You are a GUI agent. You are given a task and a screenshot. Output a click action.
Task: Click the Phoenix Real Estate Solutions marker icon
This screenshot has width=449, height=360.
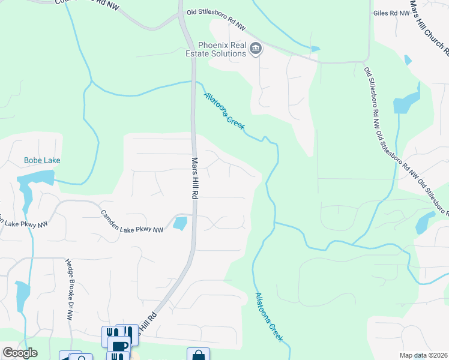click(256, 49)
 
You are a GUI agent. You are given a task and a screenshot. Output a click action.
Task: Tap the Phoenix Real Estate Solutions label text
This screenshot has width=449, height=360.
click(222, 49)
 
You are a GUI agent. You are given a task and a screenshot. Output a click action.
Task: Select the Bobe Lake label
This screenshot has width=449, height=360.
click(42, 160)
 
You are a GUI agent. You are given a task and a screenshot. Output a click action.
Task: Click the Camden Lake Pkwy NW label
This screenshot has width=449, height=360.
click(132, 221)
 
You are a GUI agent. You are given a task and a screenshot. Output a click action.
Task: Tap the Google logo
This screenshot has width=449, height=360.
click(20, 353)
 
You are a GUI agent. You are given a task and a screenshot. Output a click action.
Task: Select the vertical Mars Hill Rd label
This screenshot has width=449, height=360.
click(194, 178)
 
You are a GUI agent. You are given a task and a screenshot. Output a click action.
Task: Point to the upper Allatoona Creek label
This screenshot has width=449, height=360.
click(224, 109)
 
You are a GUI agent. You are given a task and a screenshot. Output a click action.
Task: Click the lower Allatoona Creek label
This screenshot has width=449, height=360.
click(269, 317)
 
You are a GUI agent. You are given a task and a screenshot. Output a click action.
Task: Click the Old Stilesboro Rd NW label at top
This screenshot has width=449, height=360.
click(217, 27)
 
